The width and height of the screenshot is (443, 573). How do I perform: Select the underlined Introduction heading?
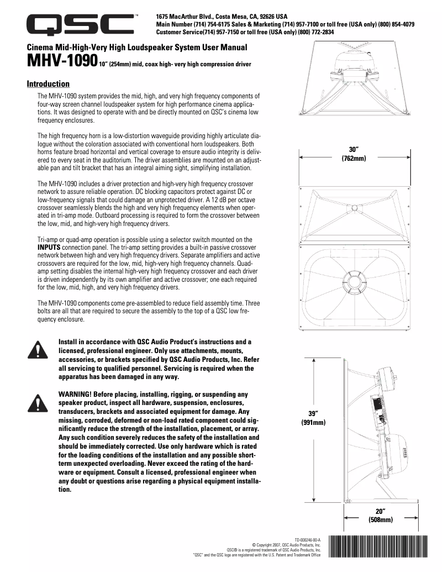[49, 84]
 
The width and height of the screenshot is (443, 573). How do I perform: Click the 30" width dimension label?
[354, 150]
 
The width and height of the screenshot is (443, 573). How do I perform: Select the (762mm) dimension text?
[354, 158]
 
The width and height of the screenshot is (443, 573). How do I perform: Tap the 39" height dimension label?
[313, 414]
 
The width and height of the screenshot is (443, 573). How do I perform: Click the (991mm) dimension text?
[313, 423]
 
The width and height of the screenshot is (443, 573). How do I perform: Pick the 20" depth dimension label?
[380, 511]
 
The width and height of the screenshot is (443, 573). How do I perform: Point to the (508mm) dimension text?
[380, 519]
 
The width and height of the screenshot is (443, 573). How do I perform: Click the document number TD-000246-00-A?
[307, 539]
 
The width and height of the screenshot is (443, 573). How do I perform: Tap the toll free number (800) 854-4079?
[396, 24]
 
